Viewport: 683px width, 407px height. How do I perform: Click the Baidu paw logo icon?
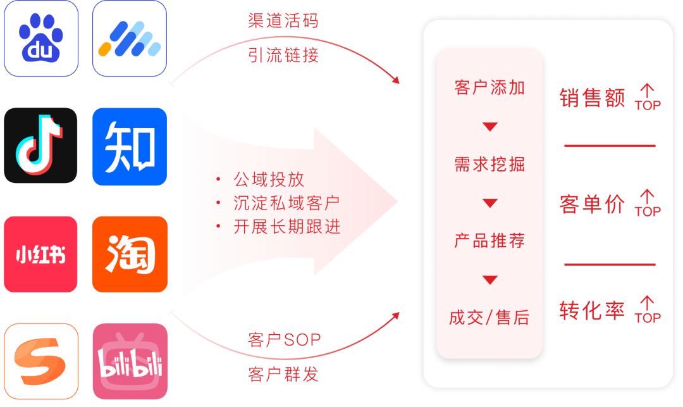[x=41, y=39]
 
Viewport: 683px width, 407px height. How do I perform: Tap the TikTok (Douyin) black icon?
[x=41, y=146]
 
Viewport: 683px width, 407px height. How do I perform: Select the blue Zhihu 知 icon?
[x=130, y=146]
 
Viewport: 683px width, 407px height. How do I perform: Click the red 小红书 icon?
[x=41, y=254]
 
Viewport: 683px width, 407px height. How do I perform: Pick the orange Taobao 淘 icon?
[x=130, y=254]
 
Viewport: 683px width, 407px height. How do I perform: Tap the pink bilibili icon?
[x=130, y=361]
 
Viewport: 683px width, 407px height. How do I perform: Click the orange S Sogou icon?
[x=41, y=361]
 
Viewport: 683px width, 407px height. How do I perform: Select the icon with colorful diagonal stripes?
[x=130, y=39]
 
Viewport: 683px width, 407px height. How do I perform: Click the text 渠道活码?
[x=283, y=21]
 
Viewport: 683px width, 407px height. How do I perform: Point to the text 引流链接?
[x=283, y=56]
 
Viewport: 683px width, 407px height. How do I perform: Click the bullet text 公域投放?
[x=269, y=179]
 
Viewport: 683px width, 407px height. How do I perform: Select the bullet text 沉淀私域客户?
[x=286, y=203]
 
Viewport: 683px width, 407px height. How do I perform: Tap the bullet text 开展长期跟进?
[x=286, y=227]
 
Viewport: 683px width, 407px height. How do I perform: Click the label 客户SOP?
[x=284, y=340]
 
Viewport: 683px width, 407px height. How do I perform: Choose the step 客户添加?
[x=489, y=88]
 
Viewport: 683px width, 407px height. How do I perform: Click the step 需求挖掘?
[x=489, y=165]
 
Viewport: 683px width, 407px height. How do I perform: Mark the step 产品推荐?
[x=489, y=241]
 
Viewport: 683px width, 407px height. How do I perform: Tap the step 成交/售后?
[x=489, y=318]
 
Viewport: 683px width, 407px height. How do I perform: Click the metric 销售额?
[x=592, y=99]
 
